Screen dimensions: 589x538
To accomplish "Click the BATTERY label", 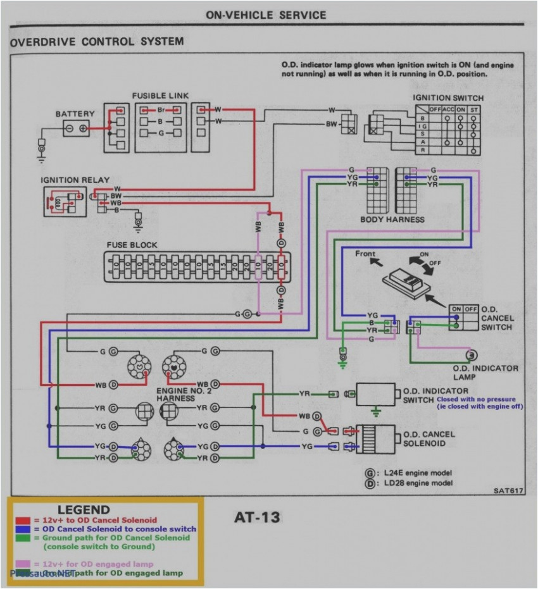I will click(x=75, y=114).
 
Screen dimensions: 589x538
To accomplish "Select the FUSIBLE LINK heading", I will click(x=160, y=96).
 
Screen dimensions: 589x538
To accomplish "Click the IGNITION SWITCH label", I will click(x=448, y=98).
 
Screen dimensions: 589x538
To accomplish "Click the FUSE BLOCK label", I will click(x=132, y=245).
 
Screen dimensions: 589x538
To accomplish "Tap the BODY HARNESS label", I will click(x=392, y=220).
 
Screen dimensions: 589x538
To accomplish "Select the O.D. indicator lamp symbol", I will click(x=472, y=354).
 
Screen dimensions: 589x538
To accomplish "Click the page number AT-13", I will click(x=257, y=518).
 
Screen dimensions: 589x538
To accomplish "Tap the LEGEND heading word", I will click(x=84, y=510).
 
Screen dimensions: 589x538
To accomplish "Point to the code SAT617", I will click(x=509, y=490).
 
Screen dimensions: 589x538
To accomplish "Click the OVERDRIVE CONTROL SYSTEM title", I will click(x=97, y=42).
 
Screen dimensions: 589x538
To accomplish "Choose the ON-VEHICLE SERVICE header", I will click(x=266, y=15).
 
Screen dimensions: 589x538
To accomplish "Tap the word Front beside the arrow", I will click(x=365, y=254).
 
